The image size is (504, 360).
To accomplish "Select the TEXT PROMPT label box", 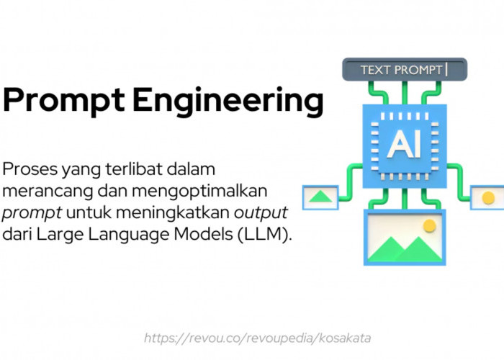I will tap(405, 70).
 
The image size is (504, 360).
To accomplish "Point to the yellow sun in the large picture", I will tap(430, 226).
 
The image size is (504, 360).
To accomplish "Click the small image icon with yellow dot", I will tap(487, 197).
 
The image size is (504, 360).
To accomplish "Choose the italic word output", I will tap(263, 214).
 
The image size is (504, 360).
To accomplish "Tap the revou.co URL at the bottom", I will tap(257, 338).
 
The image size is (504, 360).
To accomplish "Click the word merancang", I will tap(37, 192).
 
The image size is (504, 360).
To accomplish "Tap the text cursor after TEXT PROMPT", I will tap(447, 69).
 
